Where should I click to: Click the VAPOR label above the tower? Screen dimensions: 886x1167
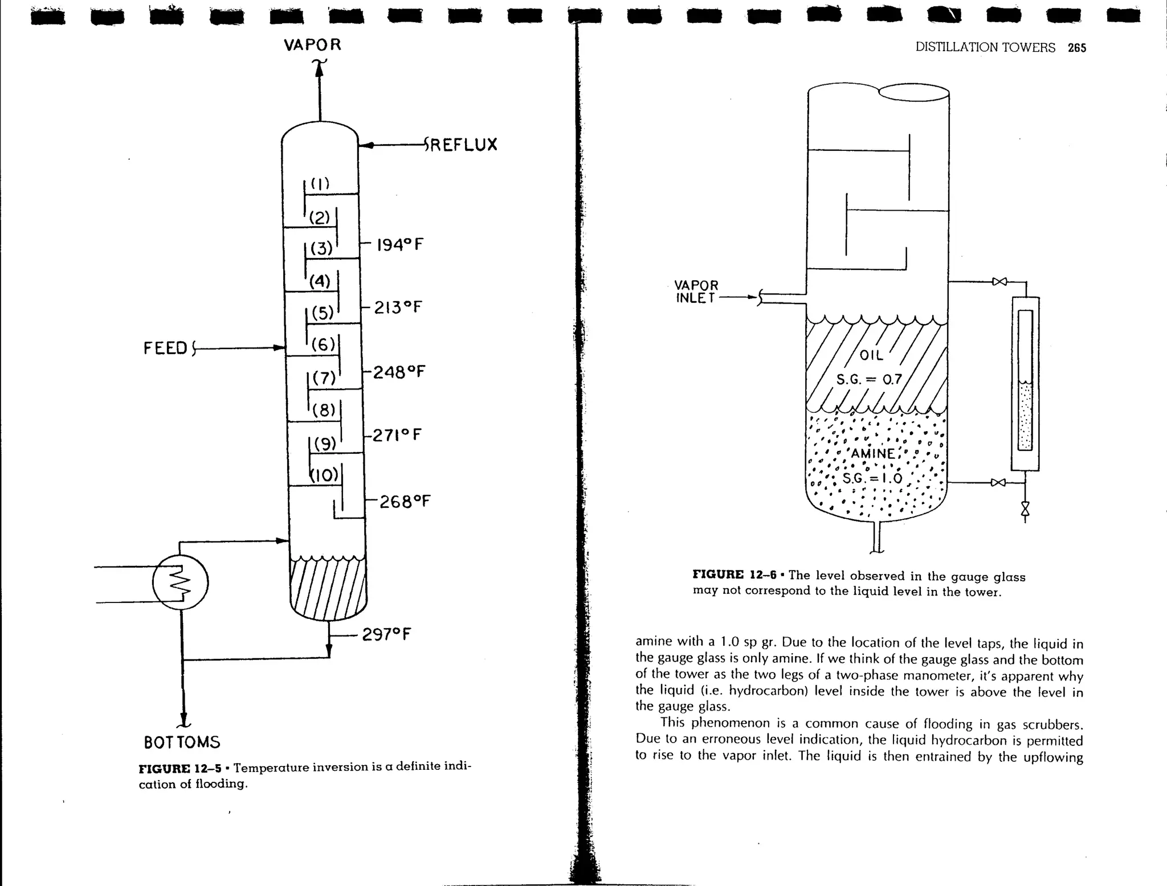(x=312, y=45)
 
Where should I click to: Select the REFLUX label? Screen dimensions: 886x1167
(x=463, y=145)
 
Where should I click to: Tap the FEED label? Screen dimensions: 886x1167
(x=165, y=348)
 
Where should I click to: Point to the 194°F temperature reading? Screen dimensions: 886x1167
(x=399, y=245)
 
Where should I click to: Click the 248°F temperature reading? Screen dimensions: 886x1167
(x=399, y=372)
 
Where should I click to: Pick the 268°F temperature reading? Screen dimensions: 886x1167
(x=405, y=502)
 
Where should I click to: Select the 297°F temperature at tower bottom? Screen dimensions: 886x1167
(x=386, y=634)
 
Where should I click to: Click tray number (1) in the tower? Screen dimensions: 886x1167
(x=320, y=184)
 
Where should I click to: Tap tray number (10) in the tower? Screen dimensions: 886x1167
(x=324, y=475)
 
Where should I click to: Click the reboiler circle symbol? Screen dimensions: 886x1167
(x=181, y=583)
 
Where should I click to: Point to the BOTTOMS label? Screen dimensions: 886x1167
(x=182, y=743)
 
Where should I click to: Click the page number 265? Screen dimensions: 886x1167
(x=1077, y=48)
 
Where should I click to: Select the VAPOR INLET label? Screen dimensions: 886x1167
(x=696, y=292)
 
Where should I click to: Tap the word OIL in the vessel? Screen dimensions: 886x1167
(x=871, y=355)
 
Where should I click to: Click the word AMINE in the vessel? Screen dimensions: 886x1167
(x=873, y=454)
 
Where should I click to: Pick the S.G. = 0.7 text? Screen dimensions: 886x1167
(x=869, y=379)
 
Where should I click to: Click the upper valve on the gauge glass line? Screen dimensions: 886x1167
(x=999, y=281)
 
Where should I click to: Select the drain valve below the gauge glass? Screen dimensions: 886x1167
(x=1025, y=508)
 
